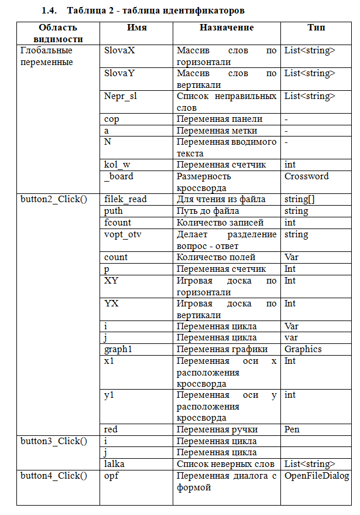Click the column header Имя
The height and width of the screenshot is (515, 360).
click(x=137, y=28)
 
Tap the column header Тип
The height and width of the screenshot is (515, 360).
click(x=316, y=28)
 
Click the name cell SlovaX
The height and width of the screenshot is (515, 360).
click(x=119, y=50)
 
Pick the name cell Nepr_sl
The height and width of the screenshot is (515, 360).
click(x=121, y=96)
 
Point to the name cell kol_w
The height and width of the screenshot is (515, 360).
click(x=117, y=165)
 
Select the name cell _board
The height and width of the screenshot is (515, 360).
click(x=118, y=176)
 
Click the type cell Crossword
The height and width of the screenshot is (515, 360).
click(x=306, y=176)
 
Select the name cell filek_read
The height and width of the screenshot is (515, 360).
click(x=125, y=199)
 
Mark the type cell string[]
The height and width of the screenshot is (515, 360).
click(x=299, y=199)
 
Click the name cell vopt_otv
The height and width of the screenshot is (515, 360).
click(x=122, y=234)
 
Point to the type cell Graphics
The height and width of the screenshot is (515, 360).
click(x=303, y=349)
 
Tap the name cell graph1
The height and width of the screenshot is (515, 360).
click(x=118, y=349)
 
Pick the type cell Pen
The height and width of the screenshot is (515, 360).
click(x=292, y=429)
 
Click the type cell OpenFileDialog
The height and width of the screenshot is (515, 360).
click(x=316, y=475)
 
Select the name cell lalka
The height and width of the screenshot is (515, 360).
click(x=114, y=463)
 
